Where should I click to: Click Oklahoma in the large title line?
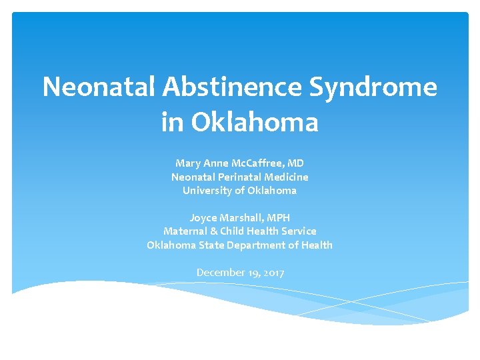click(x=255, y=122)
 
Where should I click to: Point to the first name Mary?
click(x=187, y=163)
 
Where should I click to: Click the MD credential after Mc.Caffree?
click(x=297, y=163)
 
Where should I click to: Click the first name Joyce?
click(x=203, y=218)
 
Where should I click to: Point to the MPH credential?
click(x=278, y=218)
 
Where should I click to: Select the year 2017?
click(x=272, y=273)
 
